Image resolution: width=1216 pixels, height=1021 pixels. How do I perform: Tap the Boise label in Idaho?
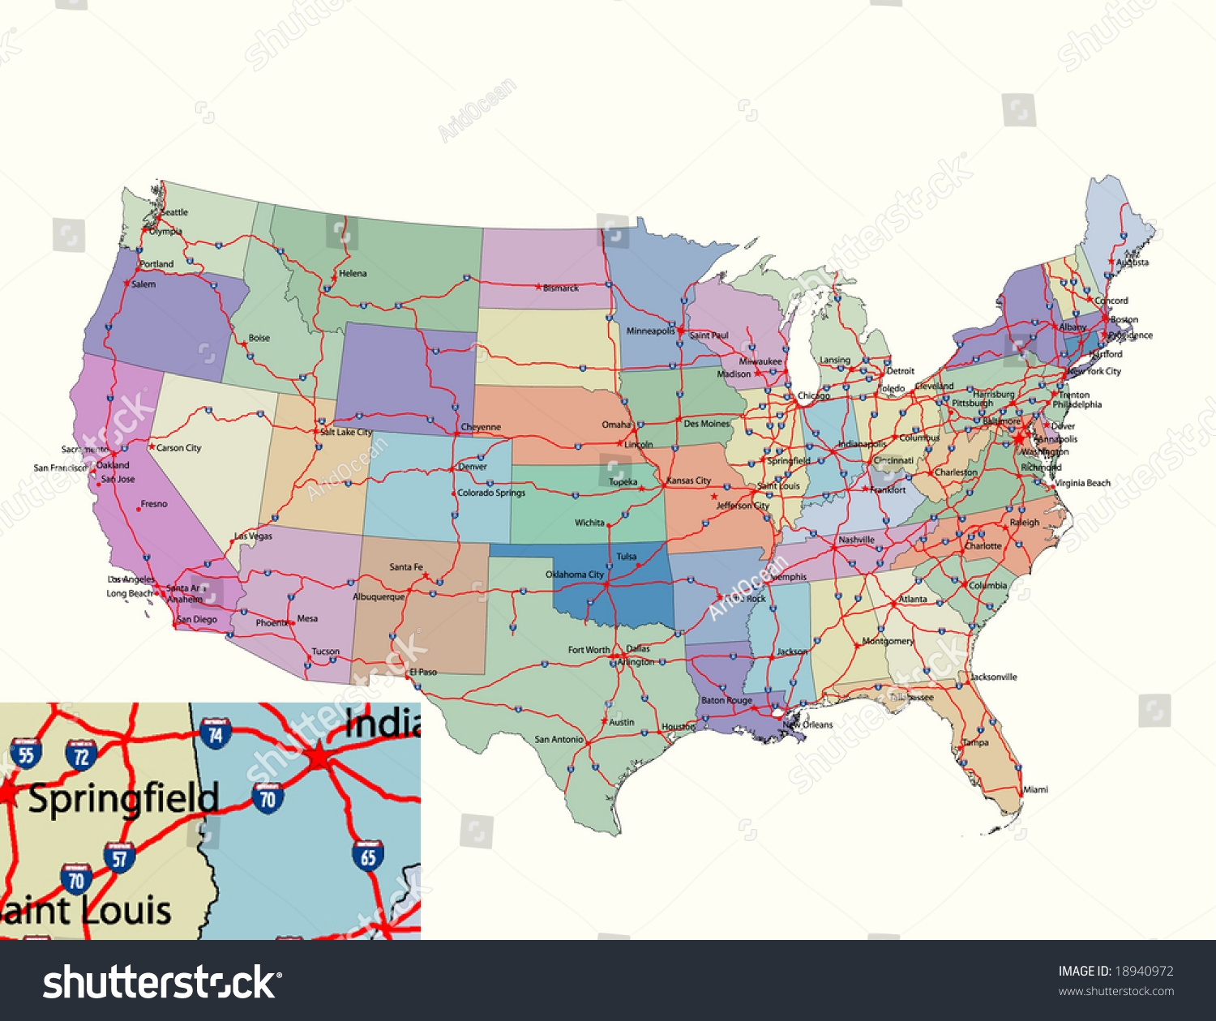click(259, 338)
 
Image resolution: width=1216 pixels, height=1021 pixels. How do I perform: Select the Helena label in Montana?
click(353, 274)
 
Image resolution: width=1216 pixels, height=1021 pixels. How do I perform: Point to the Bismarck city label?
click(561, 288)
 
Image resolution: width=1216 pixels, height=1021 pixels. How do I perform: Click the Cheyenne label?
click(481, 427)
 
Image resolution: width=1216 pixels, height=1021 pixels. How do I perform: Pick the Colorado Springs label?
click(491, 493)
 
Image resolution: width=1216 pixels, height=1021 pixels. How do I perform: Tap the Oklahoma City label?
click(575, 575)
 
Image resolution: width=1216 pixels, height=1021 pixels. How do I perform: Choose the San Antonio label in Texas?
click(559, 739)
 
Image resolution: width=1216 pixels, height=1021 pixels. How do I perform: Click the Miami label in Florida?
click(1035, 789)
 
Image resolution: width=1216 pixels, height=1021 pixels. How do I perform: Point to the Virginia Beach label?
click(1083, 483)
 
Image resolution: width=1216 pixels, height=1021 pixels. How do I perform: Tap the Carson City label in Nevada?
click(178, 447)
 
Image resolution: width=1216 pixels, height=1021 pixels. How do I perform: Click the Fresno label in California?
click(154, 504)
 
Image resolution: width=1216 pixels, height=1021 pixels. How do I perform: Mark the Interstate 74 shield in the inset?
click(216, 734)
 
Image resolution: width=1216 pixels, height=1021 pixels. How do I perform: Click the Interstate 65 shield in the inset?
click(368, 856)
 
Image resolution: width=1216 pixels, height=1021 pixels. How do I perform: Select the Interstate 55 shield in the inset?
click(26, 754)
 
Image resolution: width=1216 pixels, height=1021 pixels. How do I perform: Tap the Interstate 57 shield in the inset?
click(120, 857)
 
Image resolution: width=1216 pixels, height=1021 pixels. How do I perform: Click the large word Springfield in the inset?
click(124, 800)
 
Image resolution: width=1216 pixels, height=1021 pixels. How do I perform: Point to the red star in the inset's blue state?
click(319, 758)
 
